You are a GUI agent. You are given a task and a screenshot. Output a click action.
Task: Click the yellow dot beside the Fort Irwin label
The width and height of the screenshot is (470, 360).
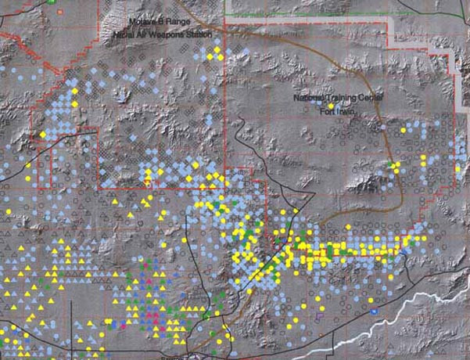tap(331, 104)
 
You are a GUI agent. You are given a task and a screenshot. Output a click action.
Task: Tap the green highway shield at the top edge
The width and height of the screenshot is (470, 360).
tap(52, 2)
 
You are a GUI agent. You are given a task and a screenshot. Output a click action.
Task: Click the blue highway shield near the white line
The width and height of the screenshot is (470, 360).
tap(374, 311)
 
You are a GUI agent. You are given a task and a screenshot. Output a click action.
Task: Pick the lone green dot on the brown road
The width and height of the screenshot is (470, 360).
tap(391, 164)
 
